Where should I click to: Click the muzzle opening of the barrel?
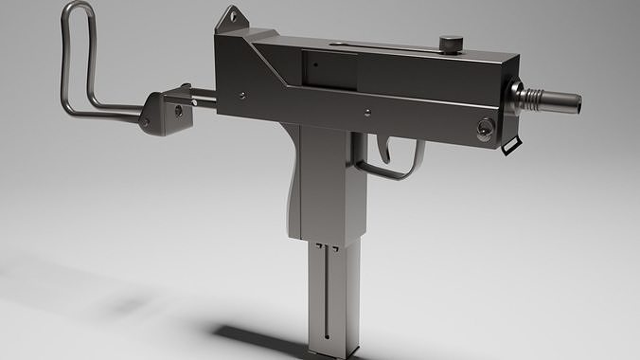coord(575,101)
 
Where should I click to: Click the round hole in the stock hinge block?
coord(178,111)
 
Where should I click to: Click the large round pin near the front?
coord(485,129)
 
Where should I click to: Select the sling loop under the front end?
coord(511,145)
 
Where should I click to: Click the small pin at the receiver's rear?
coord(241,95)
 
